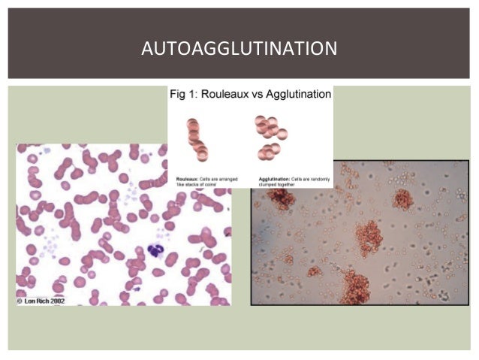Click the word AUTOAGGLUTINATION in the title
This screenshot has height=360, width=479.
239,50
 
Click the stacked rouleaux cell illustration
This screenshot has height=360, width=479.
197,139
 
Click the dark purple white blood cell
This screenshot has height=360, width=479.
156,250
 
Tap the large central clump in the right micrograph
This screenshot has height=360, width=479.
369,238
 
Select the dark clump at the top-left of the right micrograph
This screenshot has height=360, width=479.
282,197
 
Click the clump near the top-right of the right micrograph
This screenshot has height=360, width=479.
403,199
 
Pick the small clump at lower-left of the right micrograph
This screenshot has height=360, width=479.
315,271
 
